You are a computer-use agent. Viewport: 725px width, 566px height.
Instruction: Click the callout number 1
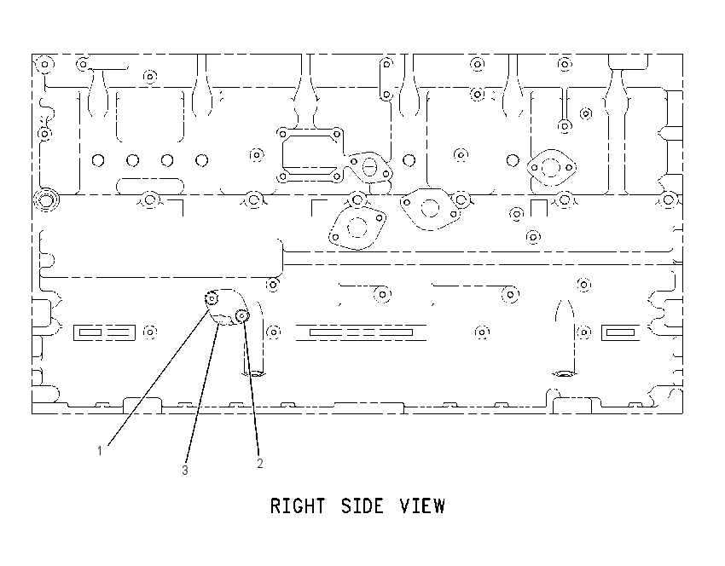coord(100,450)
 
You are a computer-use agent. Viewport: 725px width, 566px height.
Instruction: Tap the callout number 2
coord(260,464)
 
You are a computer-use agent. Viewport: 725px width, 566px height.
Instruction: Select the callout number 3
coord(185,470)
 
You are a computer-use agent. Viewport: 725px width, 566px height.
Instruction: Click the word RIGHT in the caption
coord(298,506)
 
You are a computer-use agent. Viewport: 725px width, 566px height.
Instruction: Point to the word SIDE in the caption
coord(362,506)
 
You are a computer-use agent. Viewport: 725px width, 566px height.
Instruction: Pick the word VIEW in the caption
coord(422,506)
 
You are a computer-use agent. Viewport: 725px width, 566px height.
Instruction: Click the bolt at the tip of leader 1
coord(212,299)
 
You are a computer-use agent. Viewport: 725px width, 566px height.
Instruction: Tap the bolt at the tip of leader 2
coord(242,315)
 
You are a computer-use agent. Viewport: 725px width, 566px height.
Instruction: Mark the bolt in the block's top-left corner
coord(45,64)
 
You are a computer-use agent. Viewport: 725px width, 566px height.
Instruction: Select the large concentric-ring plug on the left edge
coord(46,200)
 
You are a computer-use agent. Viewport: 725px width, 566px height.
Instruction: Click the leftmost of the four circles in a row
coord(98,160)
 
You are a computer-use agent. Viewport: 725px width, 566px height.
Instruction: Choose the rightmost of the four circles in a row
coord(201,160)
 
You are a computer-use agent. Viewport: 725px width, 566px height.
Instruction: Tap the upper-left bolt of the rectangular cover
coord(282,134)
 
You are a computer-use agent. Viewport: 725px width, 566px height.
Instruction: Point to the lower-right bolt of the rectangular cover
coord(337,176)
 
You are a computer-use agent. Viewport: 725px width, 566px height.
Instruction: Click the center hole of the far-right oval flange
coord(551,167)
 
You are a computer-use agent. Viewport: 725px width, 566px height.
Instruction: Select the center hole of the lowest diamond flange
coord(357,228)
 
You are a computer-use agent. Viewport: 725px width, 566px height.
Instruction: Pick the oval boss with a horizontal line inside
coord(369,166)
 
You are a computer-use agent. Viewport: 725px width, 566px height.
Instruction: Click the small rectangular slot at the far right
coord(620,332)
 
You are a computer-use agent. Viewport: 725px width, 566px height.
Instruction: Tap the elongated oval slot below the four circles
coord(150,186)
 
